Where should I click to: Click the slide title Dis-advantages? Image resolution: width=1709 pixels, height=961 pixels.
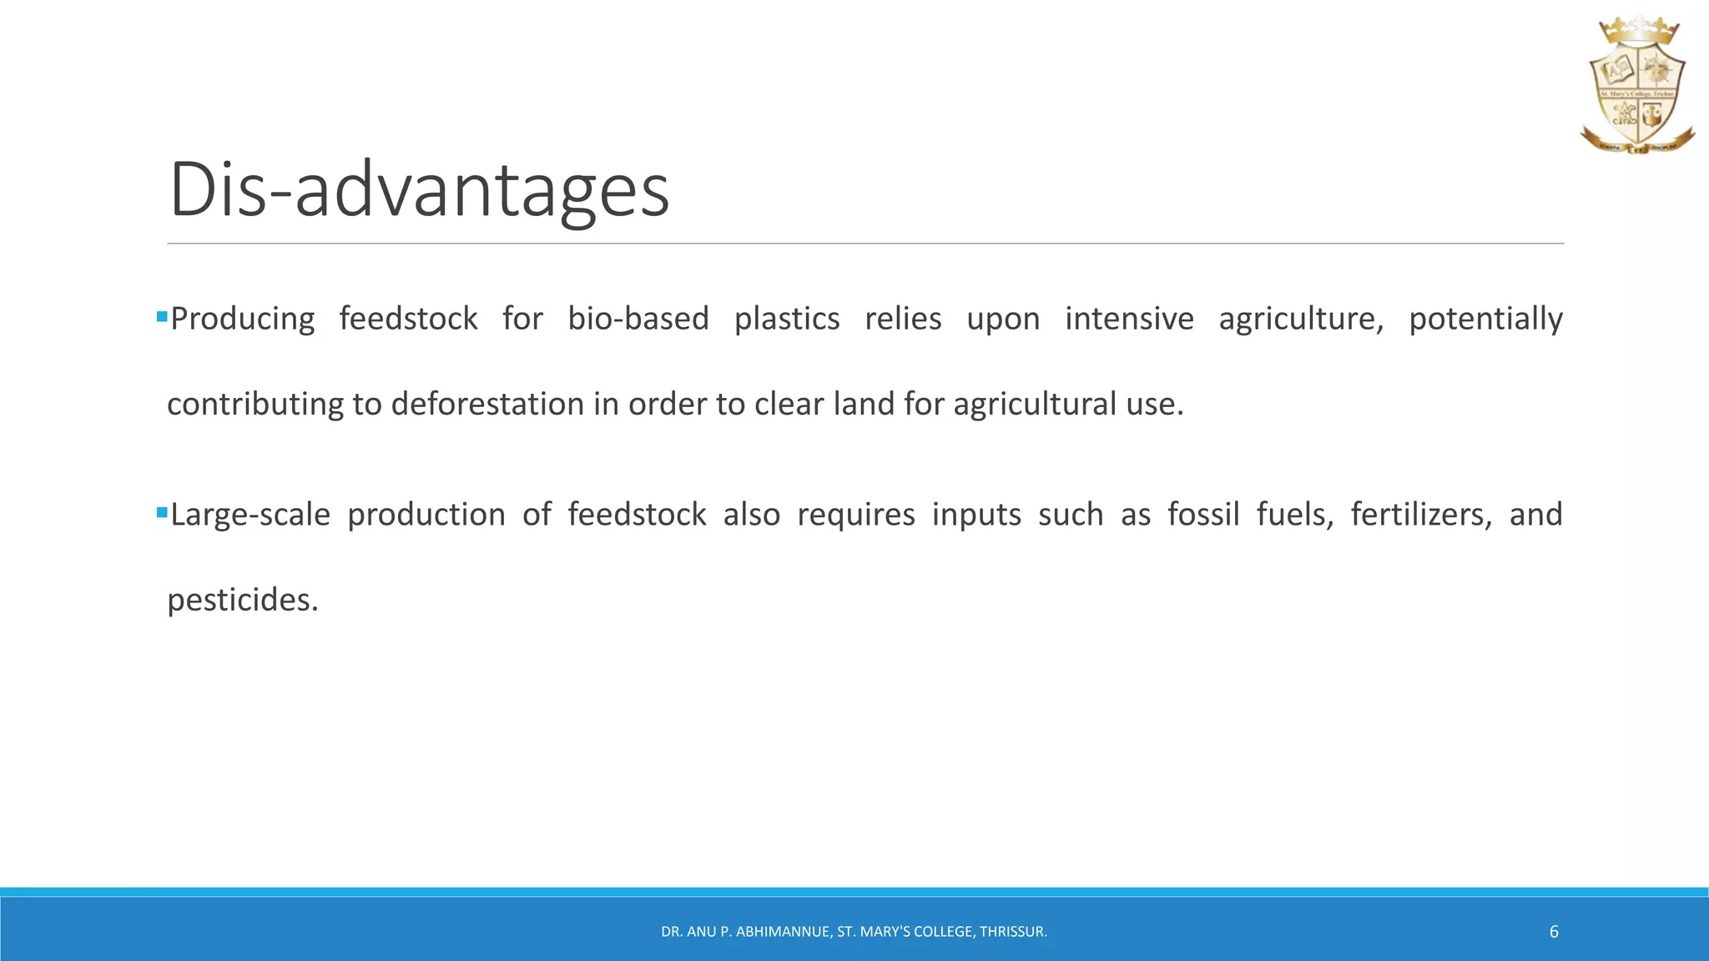click(x=419, y=190)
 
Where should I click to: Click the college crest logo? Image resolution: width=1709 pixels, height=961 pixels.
click(x=1637, y=88)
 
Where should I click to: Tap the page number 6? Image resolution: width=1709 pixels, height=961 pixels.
click(x=1554, y=932)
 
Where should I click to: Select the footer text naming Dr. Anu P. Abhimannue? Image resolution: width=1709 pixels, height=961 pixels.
click(x=854, y=932)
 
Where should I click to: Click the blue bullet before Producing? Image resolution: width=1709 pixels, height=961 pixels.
click(x=162, y=317)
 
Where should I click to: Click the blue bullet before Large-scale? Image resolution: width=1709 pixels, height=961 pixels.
click(x=162, y=513)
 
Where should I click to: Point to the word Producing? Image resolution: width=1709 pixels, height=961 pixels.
click(x=242, y=319)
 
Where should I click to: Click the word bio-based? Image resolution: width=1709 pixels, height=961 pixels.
click(x=638, y=319)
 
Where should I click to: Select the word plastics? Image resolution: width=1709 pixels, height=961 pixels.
click(x=787, y=319)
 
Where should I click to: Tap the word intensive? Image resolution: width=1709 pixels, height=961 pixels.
click(x=1129, y=319)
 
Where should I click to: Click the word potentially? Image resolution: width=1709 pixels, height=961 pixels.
click(x=1485, y=319)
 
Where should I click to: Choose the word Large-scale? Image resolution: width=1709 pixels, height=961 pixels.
click(x=250, y=516)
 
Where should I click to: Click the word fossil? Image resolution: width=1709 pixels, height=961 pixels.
click(x=1203, y=515)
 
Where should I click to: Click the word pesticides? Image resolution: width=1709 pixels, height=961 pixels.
click(x=242, y=601)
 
